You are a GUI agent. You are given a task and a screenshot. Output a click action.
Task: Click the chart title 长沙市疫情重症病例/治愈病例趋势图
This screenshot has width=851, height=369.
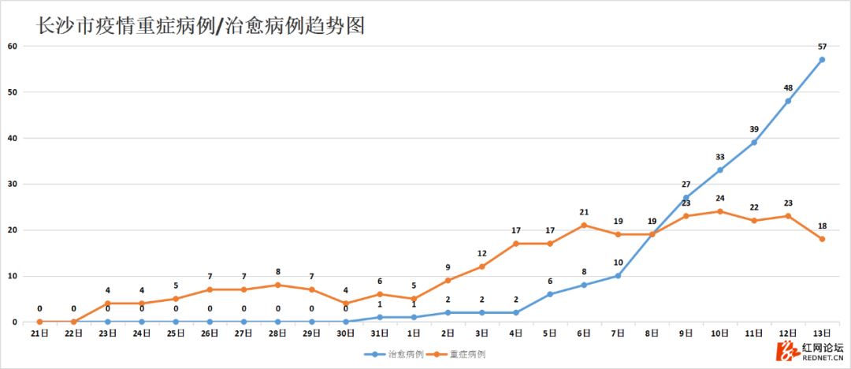coord(201,25)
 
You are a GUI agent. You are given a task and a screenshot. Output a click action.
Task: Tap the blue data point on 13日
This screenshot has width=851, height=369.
coord(822,60)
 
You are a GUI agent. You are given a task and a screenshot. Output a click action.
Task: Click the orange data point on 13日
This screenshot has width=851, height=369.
coord(822,239)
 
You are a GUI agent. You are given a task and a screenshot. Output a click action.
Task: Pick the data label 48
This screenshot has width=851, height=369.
coord(788,88)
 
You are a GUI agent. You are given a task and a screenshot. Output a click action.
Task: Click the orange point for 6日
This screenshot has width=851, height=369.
coord(584,225)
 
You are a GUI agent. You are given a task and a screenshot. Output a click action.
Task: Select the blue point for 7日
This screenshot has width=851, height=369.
coord(618,276)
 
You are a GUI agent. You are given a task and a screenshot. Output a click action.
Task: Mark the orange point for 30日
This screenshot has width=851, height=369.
coord(346,304)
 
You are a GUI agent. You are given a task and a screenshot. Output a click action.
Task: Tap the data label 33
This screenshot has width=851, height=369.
coord(719,157)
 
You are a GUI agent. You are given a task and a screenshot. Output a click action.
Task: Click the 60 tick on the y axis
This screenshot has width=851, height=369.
coord(13,46)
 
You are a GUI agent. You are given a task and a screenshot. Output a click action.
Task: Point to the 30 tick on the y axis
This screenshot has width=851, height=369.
coord(13,184)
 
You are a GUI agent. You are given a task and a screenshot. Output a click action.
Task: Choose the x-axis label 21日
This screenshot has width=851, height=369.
coord(39,334)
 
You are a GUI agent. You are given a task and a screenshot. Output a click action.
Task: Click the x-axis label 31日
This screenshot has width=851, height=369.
coord(380,334)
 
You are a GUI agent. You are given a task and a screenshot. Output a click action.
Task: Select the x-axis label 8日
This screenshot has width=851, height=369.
coord(652,334)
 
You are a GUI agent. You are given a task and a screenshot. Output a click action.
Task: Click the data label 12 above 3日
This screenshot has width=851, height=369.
coord(481,253)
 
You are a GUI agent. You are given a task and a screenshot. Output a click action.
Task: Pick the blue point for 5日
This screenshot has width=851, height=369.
coord(550,294)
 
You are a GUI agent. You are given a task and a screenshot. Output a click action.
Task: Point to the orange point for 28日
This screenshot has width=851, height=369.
coord(277,285)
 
